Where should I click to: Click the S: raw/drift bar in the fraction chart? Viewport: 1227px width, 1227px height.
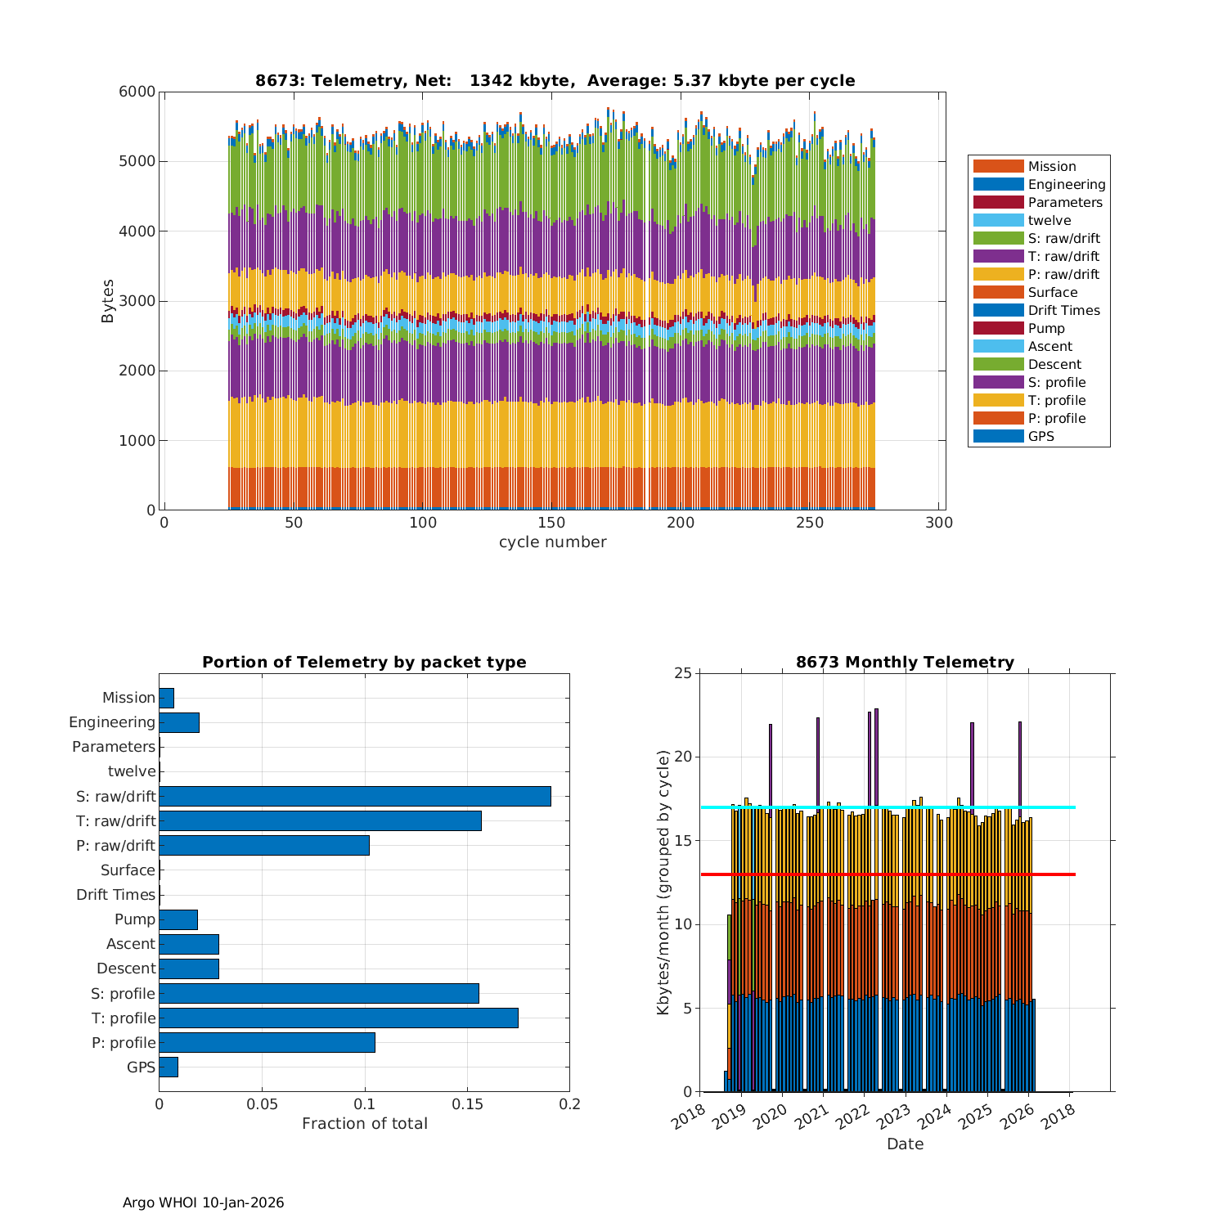pyautogui.click(x=354, y=796)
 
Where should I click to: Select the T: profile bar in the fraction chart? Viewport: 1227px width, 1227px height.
pyautogui.click(x=338, y=1018)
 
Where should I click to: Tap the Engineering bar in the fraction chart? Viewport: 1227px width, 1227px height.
pyautogui.click(x=178, y=722)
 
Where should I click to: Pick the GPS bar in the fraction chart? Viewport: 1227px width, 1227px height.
pyautogui.click(x=168, y=1067)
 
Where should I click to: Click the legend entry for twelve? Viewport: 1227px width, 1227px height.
pyautogui.click(x=1049, y=220)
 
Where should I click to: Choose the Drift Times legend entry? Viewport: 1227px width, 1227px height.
pyautogui.click(x=1063, y=310)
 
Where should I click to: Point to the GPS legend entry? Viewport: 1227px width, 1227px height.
pyautogui.click(x=1040, y=436)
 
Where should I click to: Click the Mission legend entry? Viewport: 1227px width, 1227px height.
pyautogui.click(x=1051, y=166)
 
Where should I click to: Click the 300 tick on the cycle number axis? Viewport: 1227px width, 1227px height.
pyautogui.click(x=939, y=524)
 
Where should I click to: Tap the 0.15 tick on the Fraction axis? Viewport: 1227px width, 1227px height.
pyautogui.click(x=467, y=1104)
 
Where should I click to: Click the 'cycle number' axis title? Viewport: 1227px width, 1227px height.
pyautogui.click(x=553, y=542)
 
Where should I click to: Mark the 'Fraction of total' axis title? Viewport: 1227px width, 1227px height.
pyautogui.click(x=364, y=1124)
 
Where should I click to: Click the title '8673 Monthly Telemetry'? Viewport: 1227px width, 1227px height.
pyautogui.click(x=905, y=662)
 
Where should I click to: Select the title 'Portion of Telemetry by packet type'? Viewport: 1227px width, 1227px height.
pyautogui.click(x=364, y=662)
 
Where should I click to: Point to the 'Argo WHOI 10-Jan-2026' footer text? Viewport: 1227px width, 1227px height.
pyautogui.click(x=203, y=1202)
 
